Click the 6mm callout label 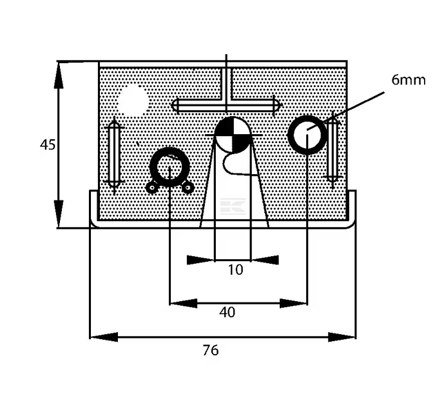pyautogui.click(x=408, y=80)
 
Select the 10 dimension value pyautogui.click(x=236, y=270)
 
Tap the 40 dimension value pyautogui.click(x=227, y=313)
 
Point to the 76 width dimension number pyautogui.click(x=211, y=351)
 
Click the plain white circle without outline pyautogui.click(x=134, y=101)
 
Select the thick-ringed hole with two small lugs pyautogui.click(x=169, y=167)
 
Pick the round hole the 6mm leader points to pyautogui.click(x=307, y=134)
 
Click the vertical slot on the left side pyautogui.click(x=114, y=153)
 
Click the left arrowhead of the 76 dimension pyautogui.click(x=103, y=337)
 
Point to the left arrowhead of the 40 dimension pyautogui.click(x=182, y=302)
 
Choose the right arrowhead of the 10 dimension pyautogui.click(x=265, y=260)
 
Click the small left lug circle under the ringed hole pyautogui.click(x=152, y=188)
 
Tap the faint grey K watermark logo pyautogui.click(x=232, y=205)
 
